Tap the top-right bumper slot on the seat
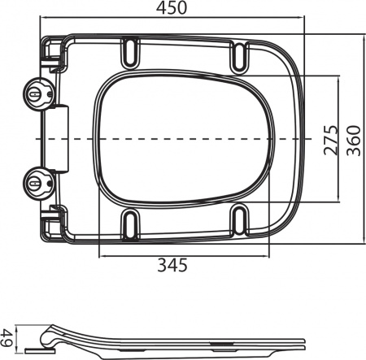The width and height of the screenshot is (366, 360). point(240,56)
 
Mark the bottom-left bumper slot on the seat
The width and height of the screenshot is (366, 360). point(129,220)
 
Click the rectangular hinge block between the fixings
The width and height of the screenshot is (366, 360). point(56,138)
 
